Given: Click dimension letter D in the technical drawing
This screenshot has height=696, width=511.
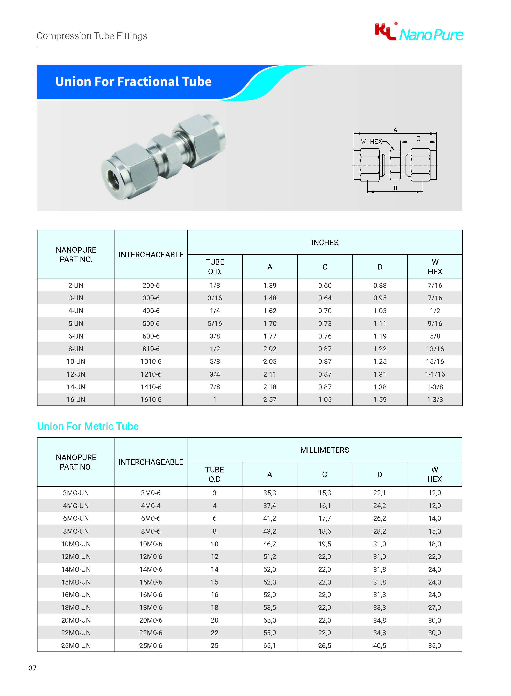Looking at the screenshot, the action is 395,188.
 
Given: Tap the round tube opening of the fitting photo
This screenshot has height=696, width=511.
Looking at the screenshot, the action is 113,179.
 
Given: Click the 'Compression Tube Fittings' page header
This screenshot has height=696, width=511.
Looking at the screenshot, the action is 92,36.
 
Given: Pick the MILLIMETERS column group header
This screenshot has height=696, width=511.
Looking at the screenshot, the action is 324,450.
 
